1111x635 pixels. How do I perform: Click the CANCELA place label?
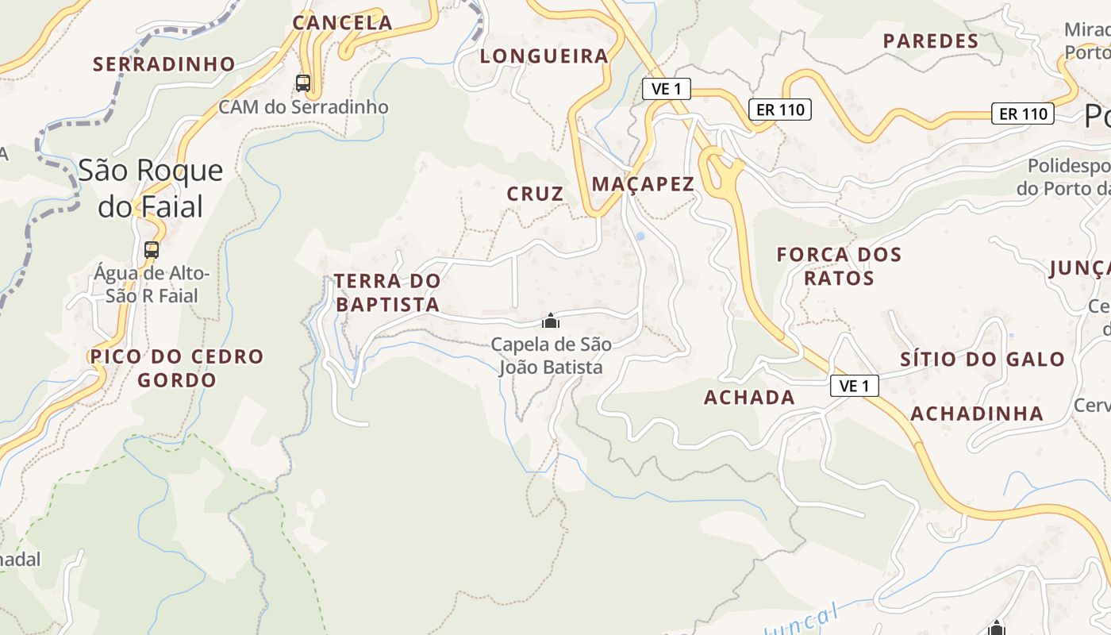[342, 22]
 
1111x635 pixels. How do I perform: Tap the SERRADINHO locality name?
[164, 63]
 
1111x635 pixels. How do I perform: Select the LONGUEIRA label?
[544, 56]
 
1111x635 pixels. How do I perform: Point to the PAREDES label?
[931, 41]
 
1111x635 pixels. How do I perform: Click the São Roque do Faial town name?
[150, 188]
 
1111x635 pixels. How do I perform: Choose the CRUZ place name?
[536, 194]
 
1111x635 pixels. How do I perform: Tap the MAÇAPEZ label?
[643, 184]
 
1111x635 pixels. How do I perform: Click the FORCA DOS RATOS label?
[839, 266]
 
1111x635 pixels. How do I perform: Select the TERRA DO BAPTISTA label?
[386, 292]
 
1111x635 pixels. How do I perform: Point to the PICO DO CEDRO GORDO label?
[176, 368]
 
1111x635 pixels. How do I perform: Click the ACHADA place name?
[749, 398]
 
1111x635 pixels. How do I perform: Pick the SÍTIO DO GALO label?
[982, 359]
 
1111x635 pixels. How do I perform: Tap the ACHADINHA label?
[976, 413]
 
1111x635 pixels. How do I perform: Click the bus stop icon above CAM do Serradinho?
[302, 83]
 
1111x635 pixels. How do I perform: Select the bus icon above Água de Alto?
[151, 249]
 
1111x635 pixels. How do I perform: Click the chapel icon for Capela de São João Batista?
[550, 321]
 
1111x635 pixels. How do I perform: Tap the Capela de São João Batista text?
[551, 356]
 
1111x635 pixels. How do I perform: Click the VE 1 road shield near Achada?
[854, 386]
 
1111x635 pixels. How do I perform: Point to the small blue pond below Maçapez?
[640, 236]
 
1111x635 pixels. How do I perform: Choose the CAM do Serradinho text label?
[303, 107]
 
